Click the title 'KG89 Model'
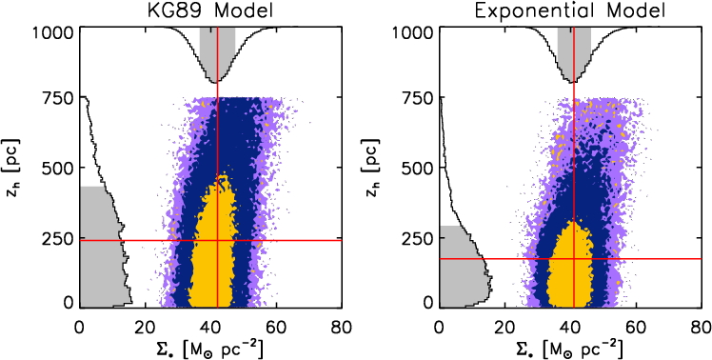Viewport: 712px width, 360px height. click(x=209, y=10)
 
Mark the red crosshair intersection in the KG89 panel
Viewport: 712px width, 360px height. click(x=218, y=240)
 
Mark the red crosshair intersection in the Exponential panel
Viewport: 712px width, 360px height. click(x=574, y=258)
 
